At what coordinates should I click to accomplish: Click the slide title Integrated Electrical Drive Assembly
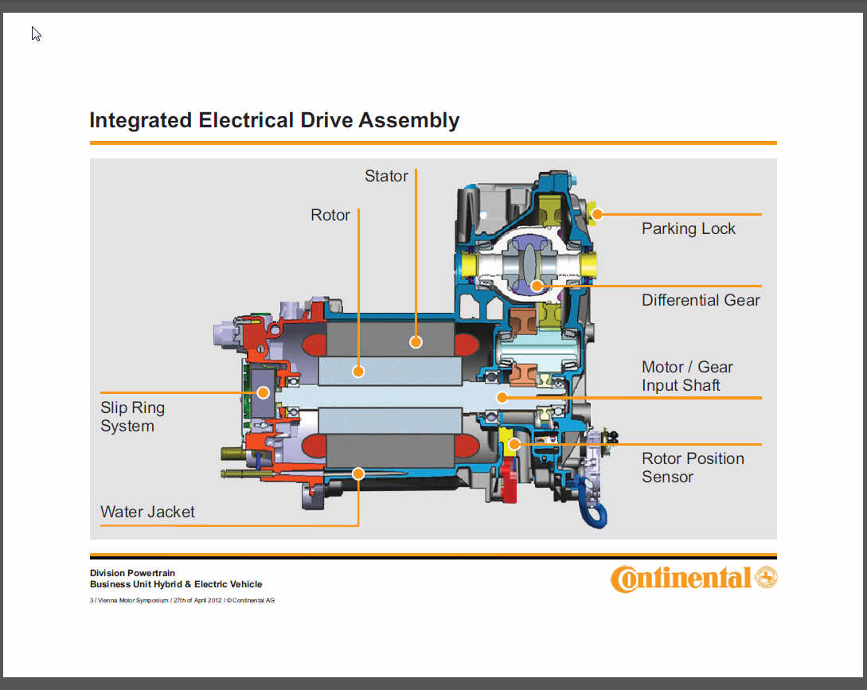pyautogui.click(x=275, y=120)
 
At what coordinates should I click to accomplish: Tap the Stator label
pyautogui.click(x=386, y=176)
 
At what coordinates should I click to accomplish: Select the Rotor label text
pyautogui.click(x=330, y=215)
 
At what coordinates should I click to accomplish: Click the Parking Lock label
pyautogui.click(x=689, y=228)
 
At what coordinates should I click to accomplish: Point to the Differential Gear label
pyautogui.click(x=701, y=300)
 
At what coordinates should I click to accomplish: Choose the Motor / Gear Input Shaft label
pyautogui.click(x=687, y=376)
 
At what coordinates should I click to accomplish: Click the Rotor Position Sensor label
pyautogui.click(x=693, y=467)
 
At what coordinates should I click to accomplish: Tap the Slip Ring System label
pyautogui.click(x=132, y=416)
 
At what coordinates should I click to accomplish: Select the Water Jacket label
pyautogui.click(x=147, y=512)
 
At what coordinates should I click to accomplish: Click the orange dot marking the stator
pyautogui.click(x=416, y=342)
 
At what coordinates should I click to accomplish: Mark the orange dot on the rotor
pyautogui.click(x=359, y=371)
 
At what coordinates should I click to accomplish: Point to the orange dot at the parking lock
pyautogui.click(x=597, y=214)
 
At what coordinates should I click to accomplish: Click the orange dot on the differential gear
pyautogui.click(x=537, y=285)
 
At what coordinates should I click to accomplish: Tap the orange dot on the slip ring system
pyautogui.click(x=262, y=392)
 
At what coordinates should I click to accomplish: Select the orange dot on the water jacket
pyautogui.click(x=358, y=474)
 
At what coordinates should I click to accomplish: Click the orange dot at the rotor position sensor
pyautogui.click(x=514, y=444)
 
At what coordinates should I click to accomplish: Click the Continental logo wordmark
pyautogui.click(x=681, y=579)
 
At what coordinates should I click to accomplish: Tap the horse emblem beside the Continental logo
pyautogui.click(x=766, y=578)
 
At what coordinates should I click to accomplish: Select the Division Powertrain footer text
pyautogui.click(x=132, y=573)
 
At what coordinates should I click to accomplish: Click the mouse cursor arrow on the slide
pyautogui.click(x=36, y=33)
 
